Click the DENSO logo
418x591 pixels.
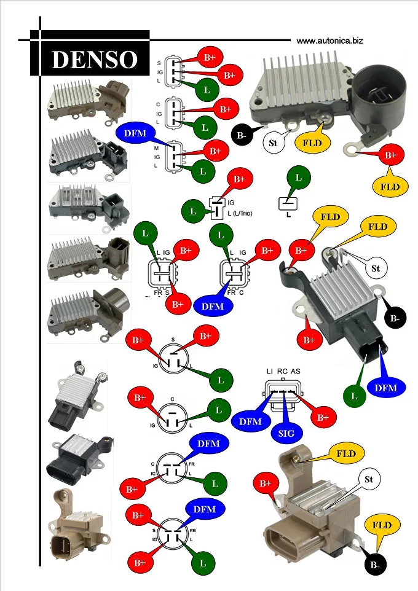tap(93, 58)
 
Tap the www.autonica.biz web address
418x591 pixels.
tap(329, 41)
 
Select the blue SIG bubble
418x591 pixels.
tap(286, 432)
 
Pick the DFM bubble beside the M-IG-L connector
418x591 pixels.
tap(133, 133)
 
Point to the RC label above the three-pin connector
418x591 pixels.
tap(282, 372)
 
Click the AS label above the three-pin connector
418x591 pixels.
tap(296, 372)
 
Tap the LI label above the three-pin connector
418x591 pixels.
tap(269, 372)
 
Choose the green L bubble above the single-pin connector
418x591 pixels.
tap(298, 178)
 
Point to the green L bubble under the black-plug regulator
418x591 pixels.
tap(354, 396)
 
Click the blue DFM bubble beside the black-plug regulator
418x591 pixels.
tap(386, 388)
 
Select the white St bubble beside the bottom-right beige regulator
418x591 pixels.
tap(369, 479)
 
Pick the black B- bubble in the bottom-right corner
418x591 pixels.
tap(374, 564)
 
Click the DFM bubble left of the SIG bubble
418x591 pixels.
tap(250, 421)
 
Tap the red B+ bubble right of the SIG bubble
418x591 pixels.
tap(323, 418)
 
